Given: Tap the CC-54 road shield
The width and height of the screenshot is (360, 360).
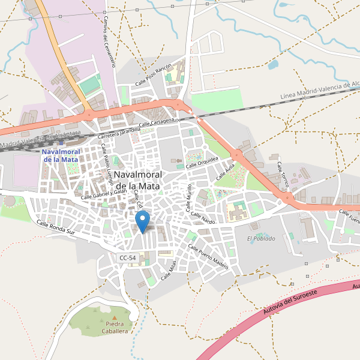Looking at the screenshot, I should [x=128, y=258].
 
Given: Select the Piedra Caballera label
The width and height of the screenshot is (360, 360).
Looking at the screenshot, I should [x=115, y=328].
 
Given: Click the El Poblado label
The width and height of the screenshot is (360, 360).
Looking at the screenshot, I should [x=261, y=238].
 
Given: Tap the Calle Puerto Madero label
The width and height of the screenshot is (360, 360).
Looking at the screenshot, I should [x=208, y=256].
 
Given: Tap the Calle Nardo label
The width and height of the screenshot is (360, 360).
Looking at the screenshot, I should [x=203, y=218].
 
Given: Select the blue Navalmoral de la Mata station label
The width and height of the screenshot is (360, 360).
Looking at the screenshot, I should [x=60, y=155].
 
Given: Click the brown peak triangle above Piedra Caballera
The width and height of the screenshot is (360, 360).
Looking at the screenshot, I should [x=115, y=317].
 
